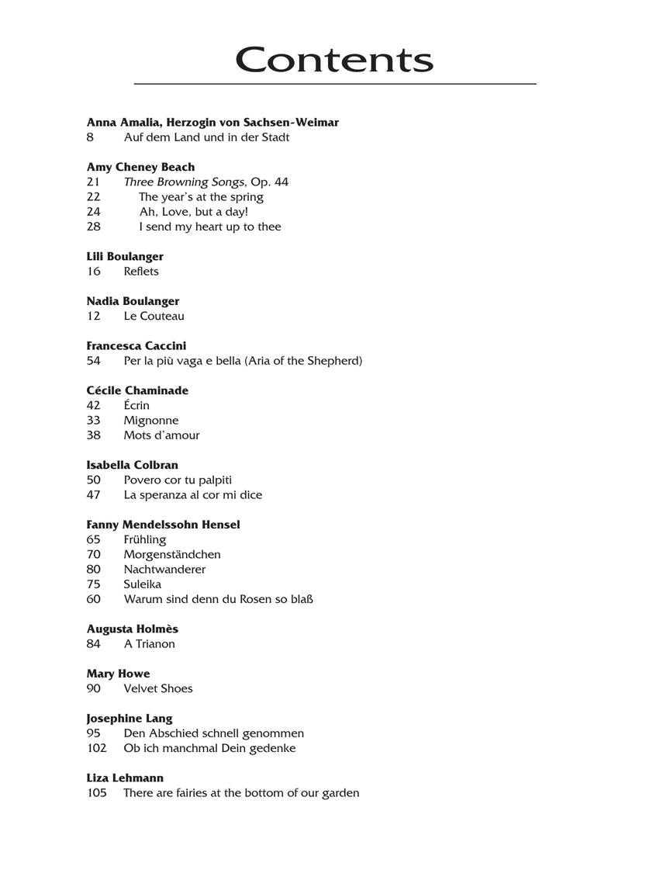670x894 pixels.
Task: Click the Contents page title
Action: point(334,60)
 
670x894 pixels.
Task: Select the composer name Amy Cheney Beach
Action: point(140,167)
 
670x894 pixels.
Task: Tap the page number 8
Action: point(90,137)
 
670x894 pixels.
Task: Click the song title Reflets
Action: point(140,272)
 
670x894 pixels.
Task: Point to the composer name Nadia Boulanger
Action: point(133,301)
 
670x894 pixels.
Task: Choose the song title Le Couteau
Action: point(154,316)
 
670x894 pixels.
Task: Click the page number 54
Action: point(94,361)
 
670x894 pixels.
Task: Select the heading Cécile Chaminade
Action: point(137,390)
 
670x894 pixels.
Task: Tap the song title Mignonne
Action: point(150,421)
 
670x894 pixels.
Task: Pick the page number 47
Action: point(94,495)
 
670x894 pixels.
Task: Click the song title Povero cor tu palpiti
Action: point(178,480)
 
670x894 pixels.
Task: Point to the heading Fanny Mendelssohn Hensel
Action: point(163,525)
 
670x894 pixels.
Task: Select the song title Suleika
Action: point(142,584)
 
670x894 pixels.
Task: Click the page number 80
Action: point(94,570)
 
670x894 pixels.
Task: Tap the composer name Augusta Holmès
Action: point(132,629)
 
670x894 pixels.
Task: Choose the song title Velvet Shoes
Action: point(157,688)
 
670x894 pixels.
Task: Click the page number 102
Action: point(96,748)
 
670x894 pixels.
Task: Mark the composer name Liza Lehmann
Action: point(125,778)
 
